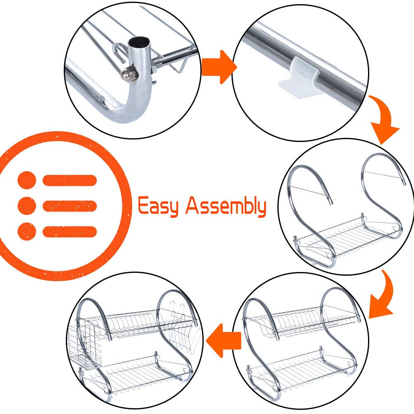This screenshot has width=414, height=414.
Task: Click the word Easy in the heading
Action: [158, 206]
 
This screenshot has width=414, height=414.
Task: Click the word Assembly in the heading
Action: [226, 206]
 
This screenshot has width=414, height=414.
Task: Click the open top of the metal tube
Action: [140, 42]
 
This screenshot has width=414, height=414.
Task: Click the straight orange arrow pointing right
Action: [219, 67]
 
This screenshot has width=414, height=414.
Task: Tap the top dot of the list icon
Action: [26, 180]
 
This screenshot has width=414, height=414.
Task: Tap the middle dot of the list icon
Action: [26, 206]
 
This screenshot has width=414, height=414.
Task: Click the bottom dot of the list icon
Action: [26, 231]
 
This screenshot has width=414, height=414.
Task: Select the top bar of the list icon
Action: [70, 181]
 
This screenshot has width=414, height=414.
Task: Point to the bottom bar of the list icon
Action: [70, 231]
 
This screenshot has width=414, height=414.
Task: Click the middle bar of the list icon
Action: [70, 206]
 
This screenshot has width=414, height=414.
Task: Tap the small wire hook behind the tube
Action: [120, 53]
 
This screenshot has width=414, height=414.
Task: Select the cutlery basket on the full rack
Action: [82, 343]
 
